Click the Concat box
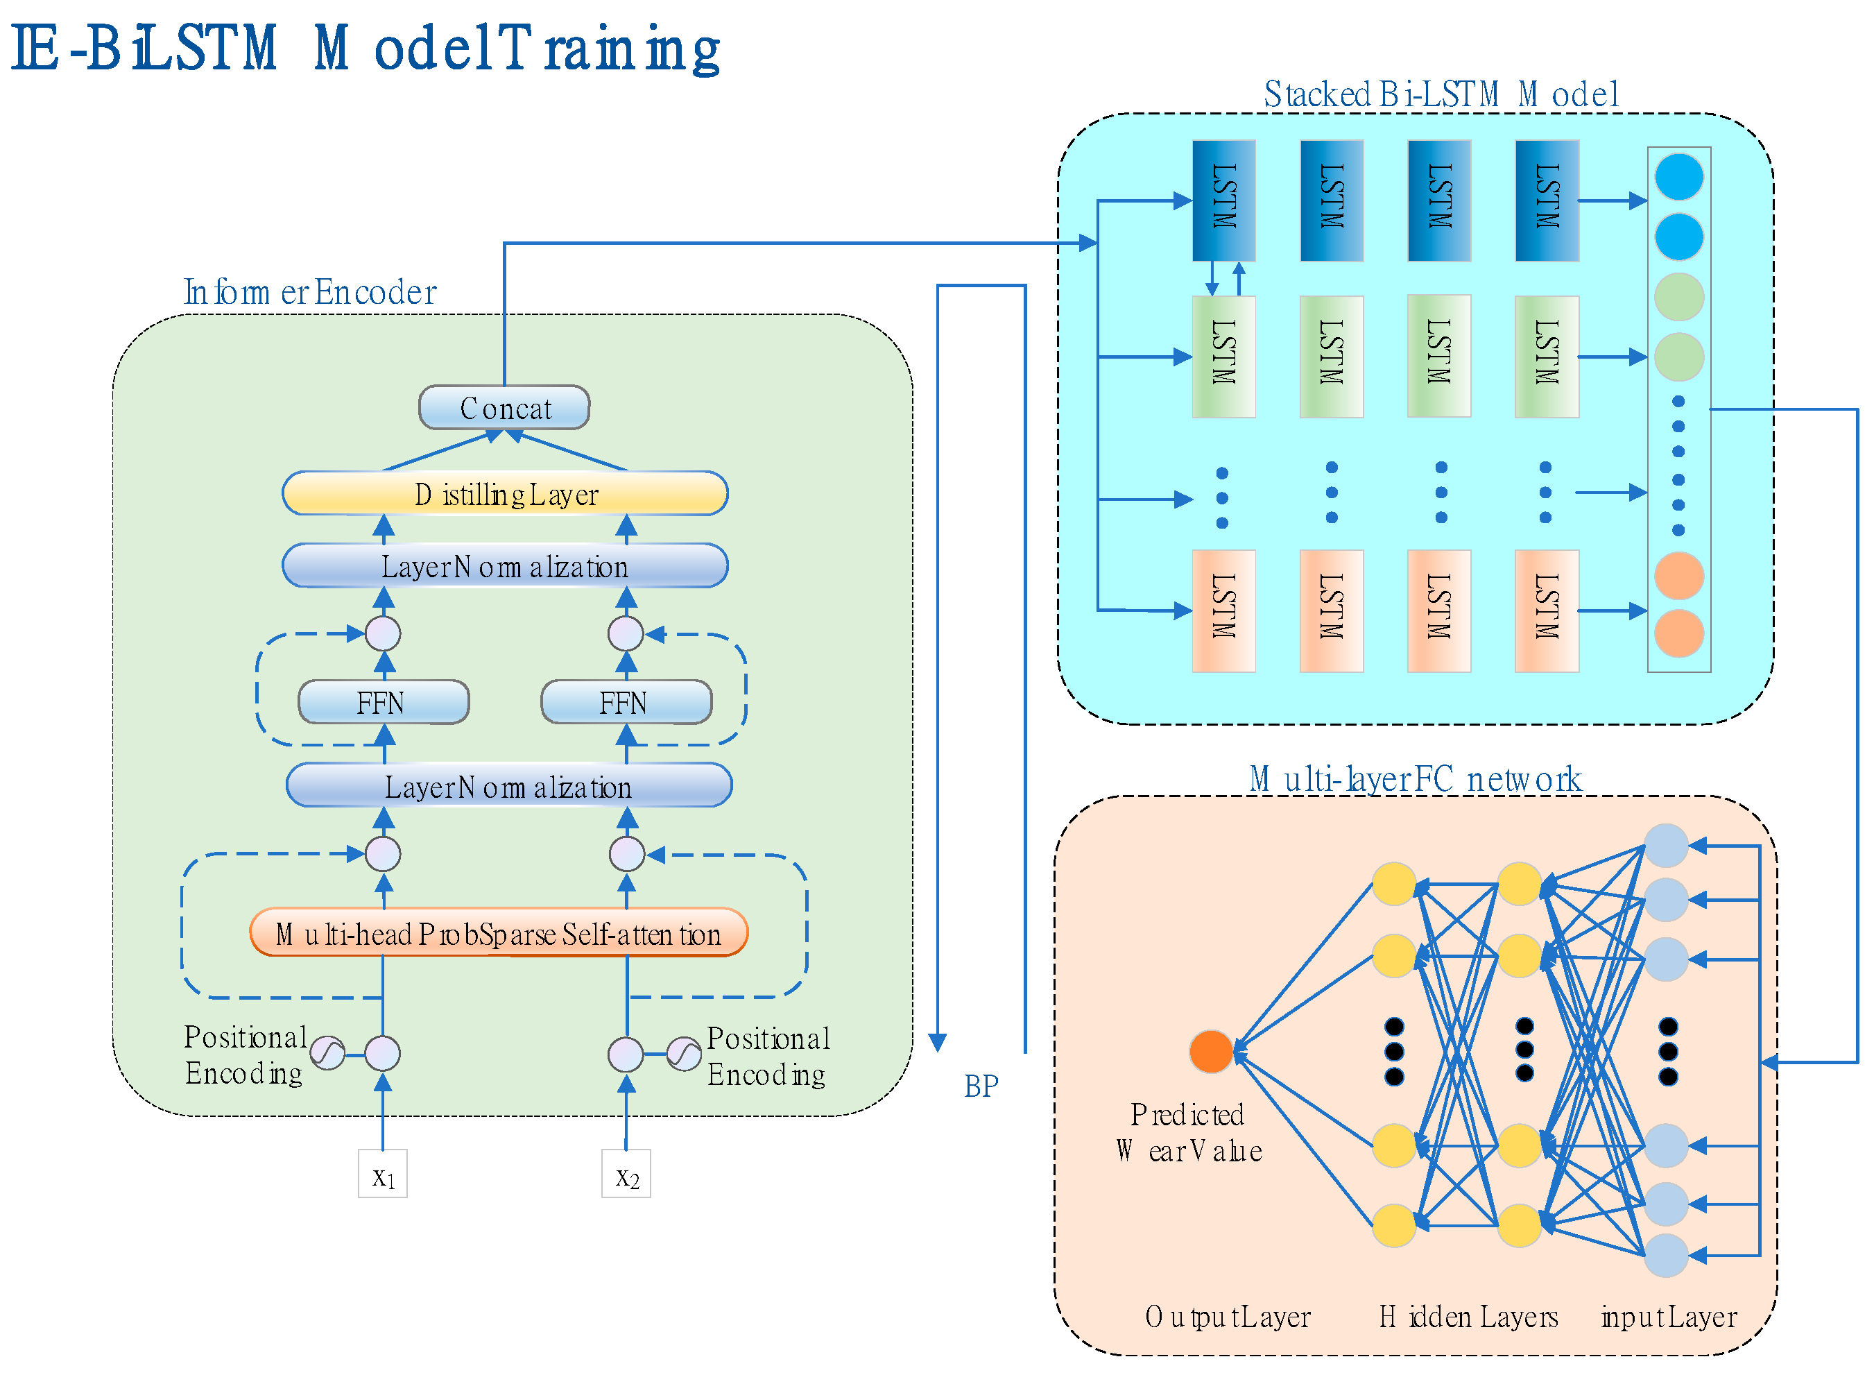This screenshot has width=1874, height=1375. pyautogui.click(x=504, y=408)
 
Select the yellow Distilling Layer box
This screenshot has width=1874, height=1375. pyautogui.click(x=505, y=493)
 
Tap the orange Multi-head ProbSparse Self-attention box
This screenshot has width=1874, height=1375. pyautogui.click(x=499, y=933)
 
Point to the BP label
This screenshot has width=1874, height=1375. pyautogui.click(x=981, y=1087)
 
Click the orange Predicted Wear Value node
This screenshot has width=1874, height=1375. pyautogui.click(x=1211, y=1051)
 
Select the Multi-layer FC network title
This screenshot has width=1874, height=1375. pyautogui.click(x=1415, y=779)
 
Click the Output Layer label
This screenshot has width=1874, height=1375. pyautogui.click(x=1228, y=1317)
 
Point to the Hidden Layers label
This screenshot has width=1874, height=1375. pyautogui.click(x=1469, y=1317)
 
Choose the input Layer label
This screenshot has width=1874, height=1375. pyautogui.click(x=1669, y=1317)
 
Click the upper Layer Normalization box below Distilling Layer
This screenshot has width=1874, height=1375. pyautogui.click(x=505, y=566)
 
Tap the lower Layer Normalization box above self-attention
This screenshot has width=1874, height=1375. pyautogui.click(x=509, y=786)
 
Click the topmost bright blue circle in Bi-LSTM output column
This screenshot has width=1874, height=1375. pyautogui.click(x=1679, y=176)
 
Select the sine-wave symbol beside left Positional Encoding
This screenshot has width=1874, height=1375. pyautogui.click(x=328, y=1053)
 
